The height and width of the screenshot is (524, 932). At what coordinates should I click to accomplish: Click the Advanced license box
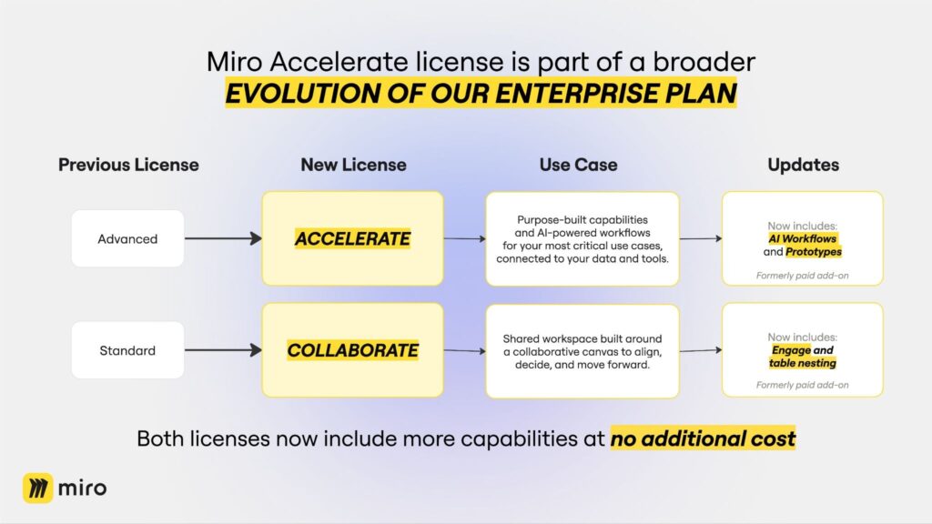pyautogui.click(x=127, y=238)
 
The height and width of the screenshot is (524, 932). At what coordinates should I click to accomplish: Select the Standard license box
pyautogui.click(x=127, y=350)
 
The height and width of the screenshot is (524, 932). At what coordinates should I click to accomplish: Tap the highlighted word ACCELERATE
pyautogui.click(x=352, y=238)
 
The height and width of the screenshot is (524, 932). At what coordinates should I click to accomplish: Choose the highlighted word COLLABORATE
pyautogui.click(x=352, y=350)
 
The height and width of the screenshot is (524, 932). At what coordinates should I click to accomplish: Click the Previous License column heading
pyautogui.click(x=128, y=165)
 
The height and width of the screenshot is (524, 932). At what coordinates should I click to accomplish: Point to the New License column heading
pyautogui.click(x=354, y=165)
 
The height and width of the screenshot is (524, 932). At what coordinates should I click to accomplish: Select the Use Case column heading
pyautogui.click(x=578, y=165)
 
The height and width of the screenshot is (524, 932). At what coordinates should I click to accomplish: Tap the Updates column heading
pyautogui.click(x=803, y=165)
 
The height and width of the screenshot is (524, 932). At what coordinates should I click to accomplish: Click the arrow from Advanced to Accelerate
pyautogui.click(x=224, y=238)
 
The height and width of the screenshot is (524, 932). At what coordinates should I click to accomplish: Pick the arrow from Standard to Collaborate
pyautogui.click(x=224, y=350)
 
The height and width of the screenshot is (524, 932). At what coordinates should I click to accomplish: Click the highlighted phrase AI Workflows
pyautogui.click(x=803, y=238)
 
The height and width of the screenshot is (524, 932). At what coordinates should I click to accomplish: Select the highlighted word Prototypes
pyautogui.click(x=814, y=251)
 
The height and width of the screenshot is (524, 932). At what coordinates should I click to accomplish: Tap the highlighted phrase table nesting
pyautogui.click(x=803, y=363)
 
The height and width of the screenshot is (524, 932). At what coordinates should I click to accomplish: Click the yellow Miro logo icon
pyautogui.click(x=38, y=488)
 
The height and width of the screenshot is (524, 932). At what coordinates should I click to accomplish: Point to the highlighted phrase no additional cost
pyautogui.click(x=703, y=438)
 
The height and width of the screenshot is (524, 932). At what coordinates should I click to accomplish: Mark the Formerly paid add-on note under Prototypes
pyautogui.click(x=803, y=275)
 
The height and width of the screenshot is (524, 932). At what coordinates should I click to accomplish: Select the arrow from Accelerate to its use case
pyautogui.click(x=465, y=238)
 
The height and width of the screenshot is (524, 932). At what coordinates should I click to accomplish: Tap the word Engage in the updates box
pyautogui.click(x=791, y=350)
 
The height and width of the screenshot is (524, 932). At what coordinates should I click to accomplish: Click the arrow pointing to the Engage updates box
pyautogui.click(x=701, y=350)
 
